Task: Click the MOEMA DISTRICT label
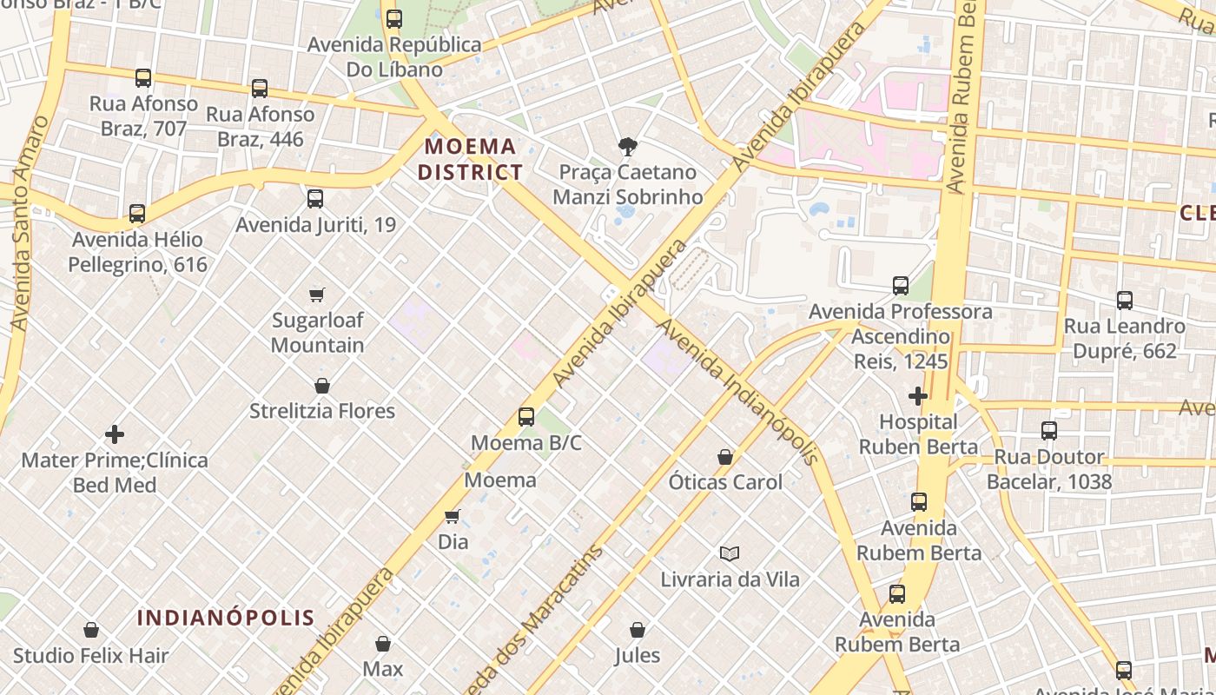pos(470,159)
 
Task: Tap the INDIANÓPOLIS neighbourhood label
pos(226,618)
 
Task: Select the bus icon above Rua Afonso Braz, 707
pos(143,78)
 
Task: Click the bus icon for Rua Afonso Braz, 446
pos(260,88)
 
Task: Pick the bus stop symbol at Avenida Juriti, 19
pos(315,199)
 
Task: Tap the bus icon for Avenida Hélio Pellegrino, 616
pos(136,214)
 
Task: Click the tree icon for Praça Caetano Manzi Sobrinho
pos(627,147)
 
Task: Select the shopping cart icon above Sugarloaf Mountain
pos(317,295)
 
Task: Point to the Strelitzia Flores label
pos(322,411)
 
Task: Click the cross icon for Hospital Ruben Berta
pos(917,396)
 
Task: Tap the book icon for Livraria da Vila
pos(730,553)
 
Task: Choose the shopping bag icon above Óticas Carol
pos(725,457)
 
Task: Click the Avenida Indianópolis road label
pos(738,392)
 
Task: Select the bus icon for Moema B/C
pos(526,417)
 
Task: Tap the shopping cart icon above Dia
pos(453,517)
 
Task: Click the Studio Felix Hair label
pos(90,656)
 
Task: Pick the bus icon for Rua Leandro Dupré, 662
pos(1125,301)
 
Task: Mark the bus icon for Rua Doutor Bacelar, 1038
pos(1049,431)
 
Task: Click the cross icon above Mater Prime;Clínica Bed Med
pos(115,434)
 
